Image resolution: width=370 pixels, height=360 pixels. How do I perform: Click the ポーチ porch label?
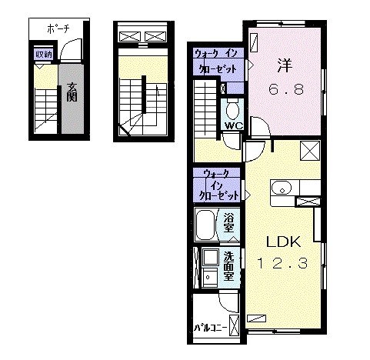coord(58,28)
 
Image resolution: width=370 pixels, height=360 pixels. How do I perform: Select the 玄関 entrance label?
coord(72,92)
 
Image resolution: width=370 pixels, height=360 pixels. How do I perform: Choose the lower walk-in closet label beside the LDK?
coord(217,185)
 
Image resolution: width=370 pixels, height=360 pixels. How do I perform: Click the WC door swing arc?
coord(231,139)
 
